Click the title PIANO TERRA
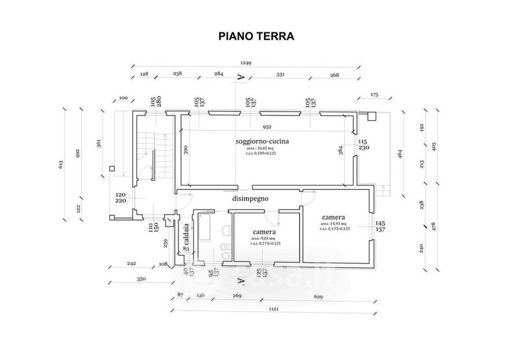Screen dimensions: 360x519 tap(256, 36)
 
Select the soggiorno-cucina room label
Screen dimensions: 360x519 tap(262, 141)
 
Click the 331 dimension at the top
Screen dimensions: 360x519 tap(280, 75)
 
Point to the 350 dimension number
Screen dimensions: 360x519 tap(141, 279)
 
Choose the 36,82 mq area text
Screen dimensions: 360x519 tap(259, 148)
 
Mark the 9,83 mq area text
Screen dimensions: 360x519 tap(265, 238)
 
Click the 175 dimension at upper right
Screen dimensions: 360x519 tap(374, 95)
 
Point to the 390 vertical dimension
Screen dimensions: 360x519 tap(186, 150)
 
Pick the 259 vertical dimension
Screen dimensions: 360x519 tap(166, 245)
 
